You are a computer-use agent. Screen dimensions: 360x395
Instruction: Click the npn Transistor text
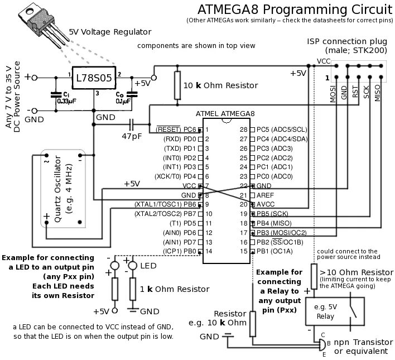pyautogui.click(x=360, y=342)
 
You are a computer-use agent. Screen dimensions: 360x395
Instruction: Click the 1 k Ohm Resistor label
pyautogui.click(x=175, y=289)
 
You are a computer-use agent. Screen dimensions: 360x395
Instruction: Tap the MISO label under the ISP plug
pyautogui.click(x=377, y=91)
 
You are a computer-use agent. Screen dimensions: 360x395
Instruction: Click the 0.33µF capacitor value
pyautogui.click(x=66, y=100)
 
